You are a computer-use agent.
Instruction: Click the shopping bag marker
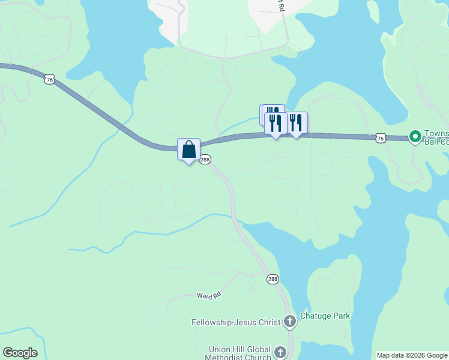(x=188, y=149)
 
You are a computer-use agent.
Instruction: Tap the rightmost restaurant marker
(x=296, y=123)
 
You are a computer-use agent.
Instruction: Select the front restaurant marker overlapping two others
(x=276, y=124)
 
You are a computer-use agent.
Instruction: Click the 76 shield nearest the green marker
(x=380, y=139)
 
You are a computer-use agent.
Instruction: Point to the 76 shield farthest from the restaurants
(x=50, y=79)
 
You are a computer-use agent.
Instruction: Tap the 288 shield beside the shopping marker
(x=205, y=160)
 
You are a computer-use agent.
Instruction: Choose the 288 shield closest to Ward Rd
(x=273, y=280)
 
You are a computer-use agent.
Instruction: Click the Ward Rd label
(x=209, y=295)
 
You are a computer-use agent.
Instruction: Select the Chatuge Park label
(x=325, y=316)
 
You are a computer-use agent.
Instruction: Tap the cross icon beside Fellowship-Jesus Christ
(x=289, y=322)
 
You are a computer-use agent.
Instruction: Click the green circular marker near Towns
(x=415, y=136)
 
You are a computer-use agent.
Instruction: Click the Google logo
(x=20, y=353)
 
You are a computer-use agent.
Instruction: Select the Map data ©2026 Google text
(x=412, y=355)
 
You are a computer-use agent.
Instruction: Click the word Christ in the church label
(x=268, y=322)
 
